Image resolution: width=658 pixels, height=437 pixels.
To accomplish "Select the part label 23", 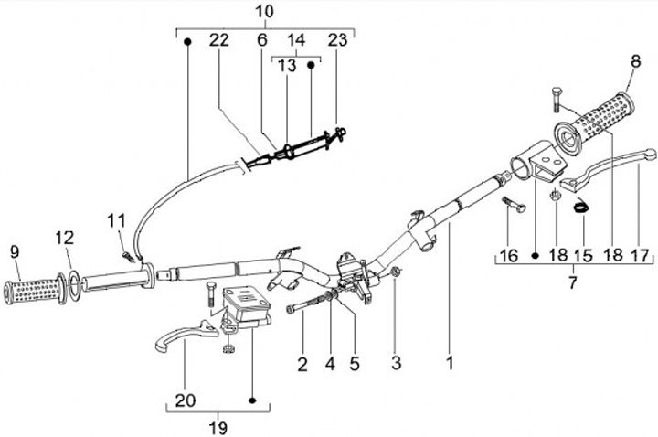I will tap(337, 40).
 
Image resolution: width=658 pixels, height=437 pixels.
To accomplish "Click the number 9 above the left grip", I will tap(15, 251).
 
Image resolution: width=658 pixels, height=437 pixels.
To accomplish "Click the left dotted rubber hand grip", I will tap(32, 292).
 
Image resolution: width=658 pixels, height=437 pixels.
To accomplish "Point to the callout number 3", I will tap(396, 363).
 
